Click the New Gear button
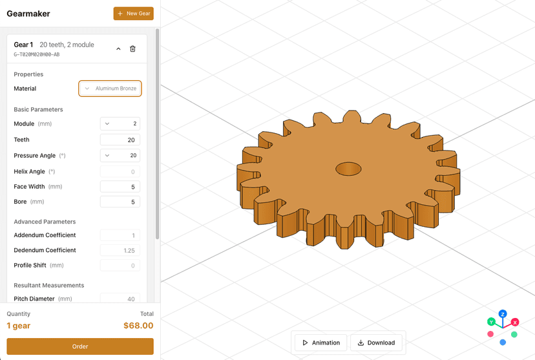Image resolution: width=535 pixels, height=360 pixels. (134, 14)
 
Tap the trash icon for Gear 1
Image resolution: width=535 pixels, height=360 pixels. (133, 48)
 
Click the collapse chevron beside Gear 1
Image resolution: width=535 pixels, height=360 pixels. (118, 48)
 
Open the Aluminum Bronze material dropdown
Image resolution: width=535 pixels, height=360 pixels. (110, 89)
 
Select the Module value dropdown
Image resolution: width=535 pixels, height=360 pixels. (120, 123)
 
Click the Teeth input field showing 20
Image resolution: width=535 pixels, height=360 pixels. (120, 140)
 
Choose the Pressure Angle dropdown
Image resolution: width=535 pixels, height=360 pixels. (120, 155)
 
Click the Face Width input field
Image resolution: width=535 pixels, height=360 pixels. (120, 187)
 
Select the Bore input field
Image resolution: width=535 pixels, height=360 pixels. (120, 202)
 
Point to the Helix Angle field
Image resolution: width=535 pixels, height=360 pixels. (120, 171)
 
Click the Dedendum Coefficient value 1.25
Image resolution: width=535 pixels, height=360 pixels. (120, 250)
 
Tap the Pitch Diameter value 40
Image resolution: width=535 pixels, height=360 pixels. (120, 299)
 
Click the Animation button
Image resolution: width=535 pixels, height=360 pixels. (321, 343)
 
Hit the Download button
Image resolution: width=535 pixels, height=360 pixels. (376, 343)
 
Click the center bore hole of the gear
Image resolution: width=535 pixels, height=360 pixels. (348, 169)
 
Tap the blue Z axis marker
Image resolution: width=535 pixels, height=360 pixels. (502, 314)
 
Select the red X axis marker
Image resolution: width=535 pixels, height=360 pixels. (515, 322)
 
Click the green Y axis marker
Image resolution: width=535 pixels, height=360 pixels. (491, 321)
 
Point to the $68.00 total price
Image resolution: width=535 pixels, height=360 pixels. (138, 326)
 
